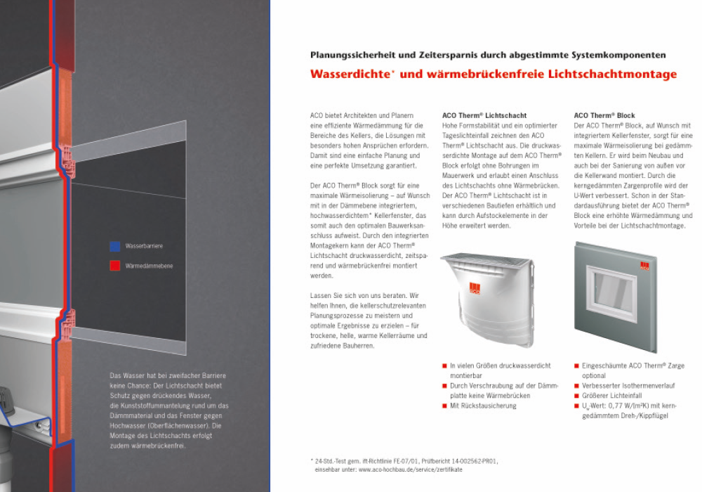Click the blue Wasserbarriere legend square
114,247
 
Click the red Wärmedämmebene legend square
114,266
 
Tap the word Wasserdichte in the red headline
344,74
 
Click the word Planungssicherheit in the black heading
356,55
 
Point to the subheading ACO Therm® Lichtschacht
484,115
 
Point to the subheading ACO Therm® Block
604,115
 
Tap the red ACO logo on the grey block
643,265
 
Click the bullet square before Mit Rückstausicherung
444,406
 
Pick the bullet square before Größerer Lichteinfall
576,396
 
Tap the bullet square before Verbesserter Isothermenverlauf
576,386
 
